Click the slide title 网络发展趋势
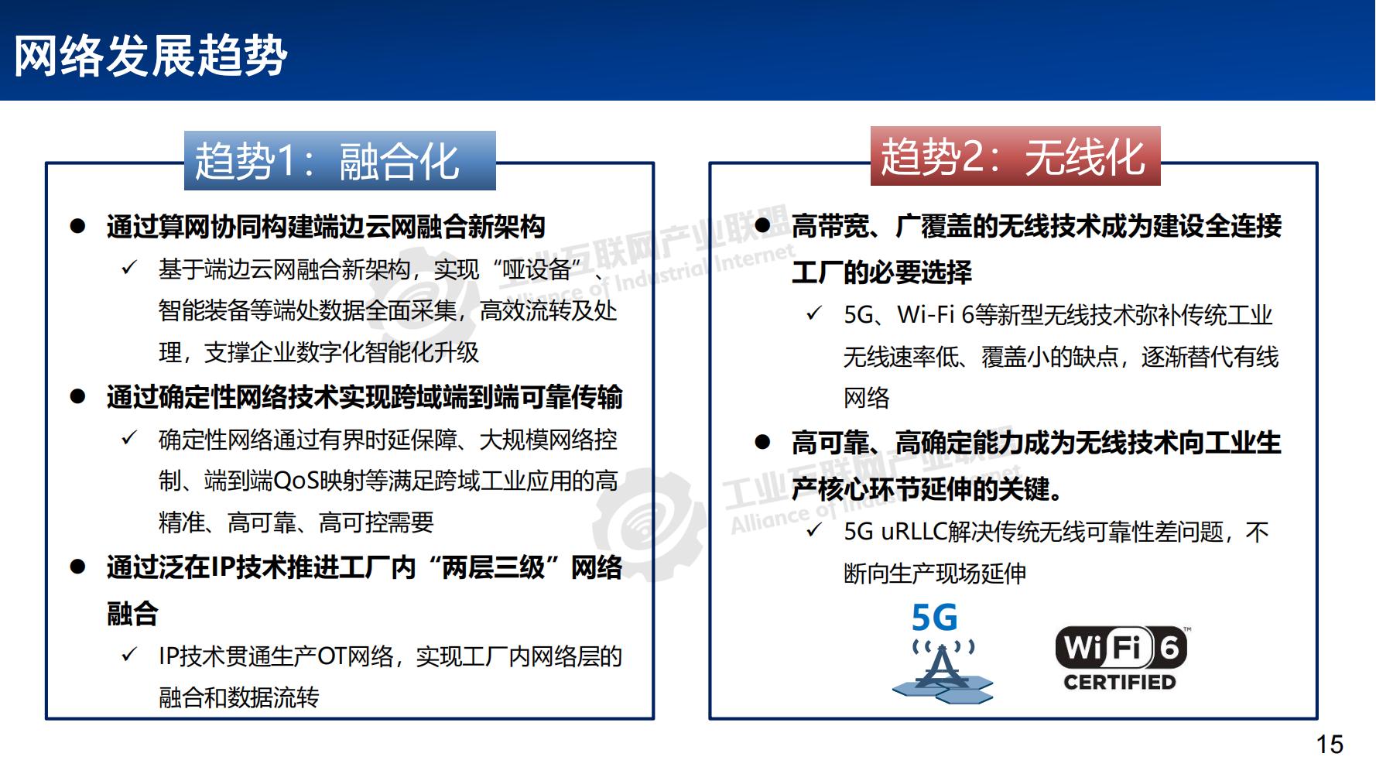point(151,56)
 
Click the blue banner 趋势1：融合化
point(339,161)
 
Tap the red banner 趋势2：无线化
point(1015,156)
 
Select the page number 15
point(1330,745)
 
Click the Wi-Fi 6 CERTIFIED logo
point(1120,657)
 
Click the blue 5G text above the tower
point(934,618)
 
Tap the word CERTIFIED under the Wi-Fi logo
point(1119,683)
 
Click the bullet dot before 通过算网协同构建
point(77,227)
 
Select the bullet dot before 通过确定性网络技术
point(77,397)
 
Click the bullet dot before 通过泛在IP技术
point(77,567)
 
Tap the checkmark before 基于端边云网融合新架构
point(129,269)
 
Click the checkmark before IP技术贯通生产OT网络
point(129,656)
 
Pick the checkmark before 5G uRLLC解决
point(814,531)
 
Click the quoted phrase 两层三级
point(492,568)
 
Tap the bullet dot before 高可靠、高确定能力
point(763,443)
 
